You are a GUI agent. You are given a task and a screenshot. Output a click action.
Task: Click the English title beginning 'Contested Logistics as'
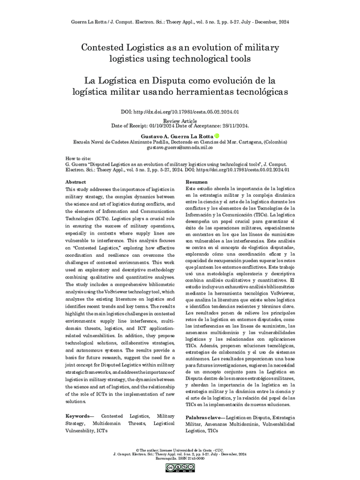coord(180,53)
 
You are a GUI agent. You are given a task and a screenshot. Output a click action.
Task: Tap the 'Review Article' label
coord(179,120)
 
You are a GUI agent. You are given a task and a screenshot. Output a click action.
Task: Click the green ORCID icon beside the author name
coord(217,136)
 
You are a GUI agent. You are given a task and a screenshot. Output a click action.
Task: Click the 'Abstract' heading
coord(75,181)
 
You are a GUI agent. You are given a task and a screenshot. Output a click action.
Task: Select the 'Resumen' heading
coord(197,181)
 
